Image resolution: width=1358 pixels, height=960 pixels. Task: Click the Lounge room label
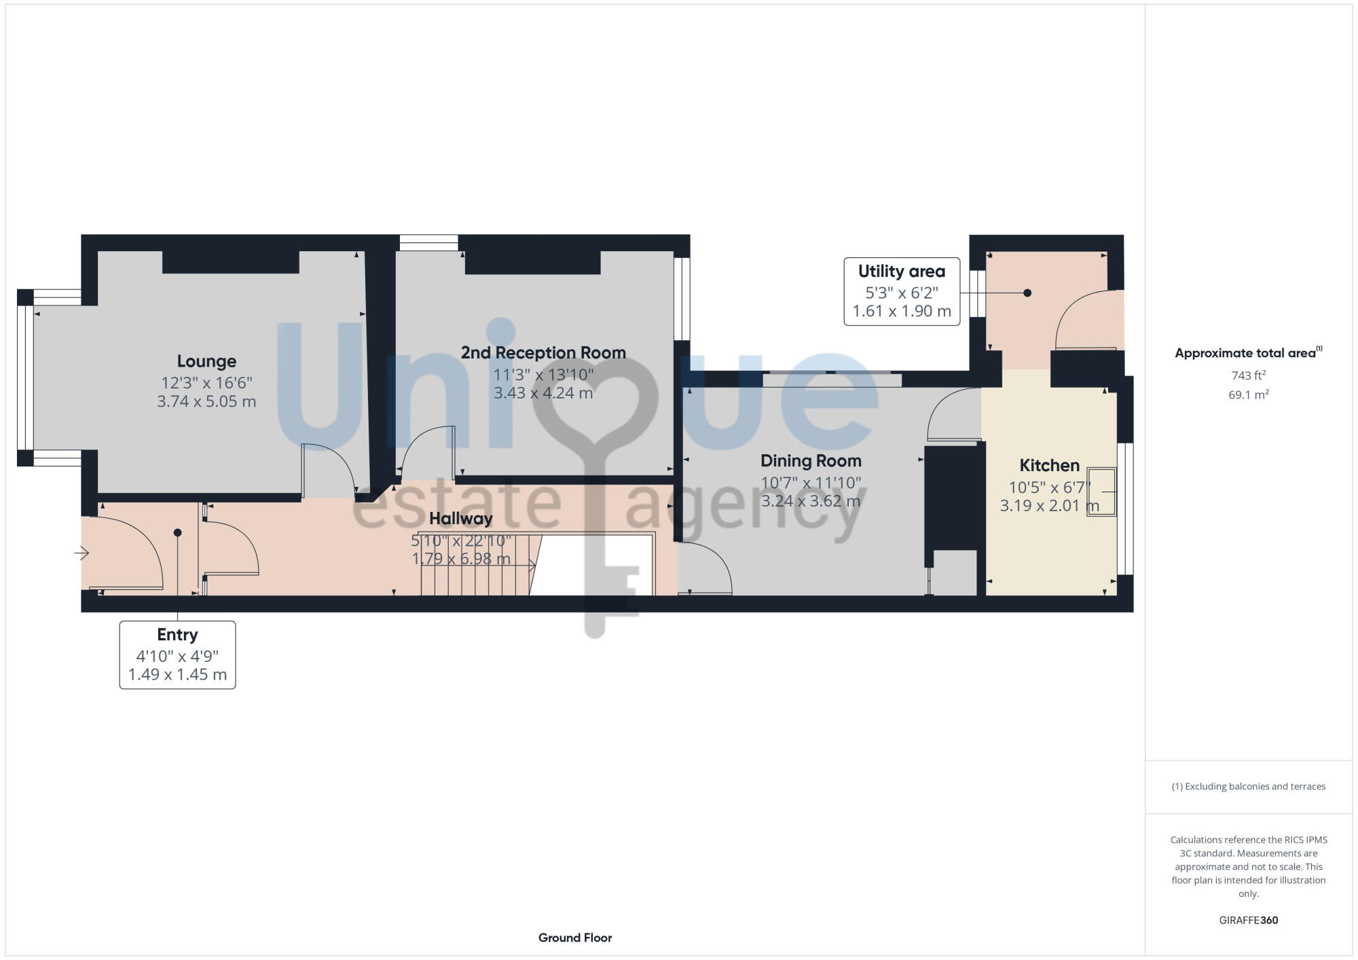pyautogui.click(x=206, y=361)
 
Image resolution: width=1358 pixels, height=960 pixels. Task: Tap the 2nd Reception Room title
pyautogui.click(x=543, y=352)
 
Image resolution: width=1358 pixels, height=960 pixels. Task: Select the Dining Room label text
pyautogui.click(x=811, y=461)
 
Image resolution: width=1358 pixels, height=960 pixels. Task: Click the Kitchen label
pyautogui.click(x=1049, y=465)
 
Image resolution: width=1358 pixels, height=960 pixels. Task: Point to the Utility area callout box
pyautogui.click(x=902, y=291)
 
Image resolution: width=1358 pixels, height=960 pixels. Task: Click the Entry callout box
pyautogui.click(x=177, y=654)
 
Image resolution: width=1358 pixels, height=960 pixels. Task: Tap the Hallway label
pyautogui.click(x=460, y=519)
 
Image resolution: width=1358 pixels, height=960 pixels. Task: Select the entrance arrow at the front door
pyautogui.click(x=81, y=553)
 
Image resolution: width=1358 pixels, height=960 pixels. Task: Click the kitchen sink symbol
pyautogui.click(x=1101, y=492)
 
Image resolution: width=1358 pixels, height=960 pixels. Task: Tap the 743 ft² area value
pyautogui.click(x=1248, y=375)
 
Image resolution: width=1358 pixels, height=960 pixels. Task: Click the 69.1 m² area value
pyautogui.click(x=1248, y=394)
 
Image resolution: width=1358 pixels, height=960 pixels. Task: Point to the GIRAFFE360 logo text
pyautogui.click(x=1248, y=921)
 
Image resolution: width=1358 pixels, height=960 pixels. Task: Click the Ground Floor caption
pyautogui.click(x=575, y=938)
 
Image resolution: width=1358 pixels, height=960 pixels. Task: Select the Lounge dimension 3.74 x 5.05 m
pyautogui.click(x=206, y=401)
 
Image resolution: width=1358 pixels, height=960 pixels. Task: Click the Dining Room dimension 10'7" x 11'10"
pyautogui.click(x=811, y=483)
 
